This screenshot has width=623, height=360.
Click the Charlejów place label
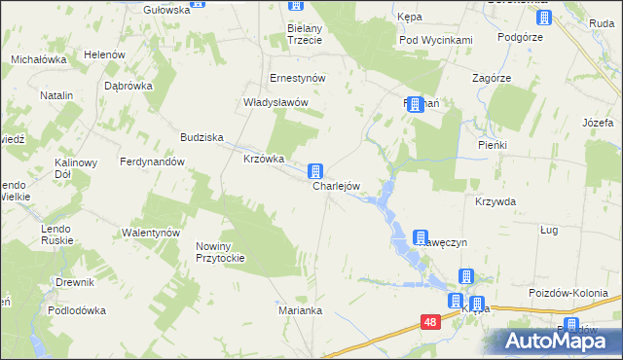tap(337, 186)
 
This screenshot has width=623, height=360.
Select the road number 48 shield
tap(431, 320)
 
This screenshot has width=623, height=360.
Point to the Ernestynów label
tap(297, 78)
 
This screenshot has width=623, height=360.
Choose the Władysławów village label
tap(275, 102)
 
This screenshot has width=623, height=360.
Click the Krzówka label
tap(263, 159)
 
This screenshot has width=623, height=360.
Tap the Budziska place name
tap(202, 137)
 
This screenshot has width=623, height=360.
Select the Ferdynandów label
tap(152, 162)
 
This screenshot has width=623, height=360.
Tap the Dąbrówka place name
tap(128, 85)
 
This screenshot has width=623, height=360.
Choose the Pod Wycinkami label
tap(435, 40)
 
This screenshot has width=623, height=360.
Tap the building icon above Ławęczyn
tap(421, 236)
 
